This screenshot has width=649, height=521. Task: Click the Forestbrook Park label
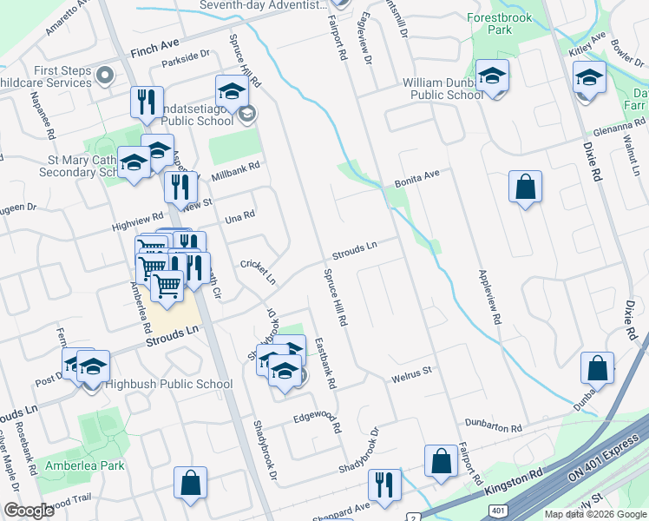pyautogui.click(x=501, y=23)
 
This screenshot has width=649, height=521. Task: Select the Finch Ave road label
pyautogui.click(x=154, y=47)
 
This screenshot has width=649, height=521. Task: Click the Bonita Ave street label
pyautogui.click(x=417, y=181)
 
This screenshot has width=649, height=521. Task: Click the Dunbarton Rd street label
pyautogui.click(x=492, y=428)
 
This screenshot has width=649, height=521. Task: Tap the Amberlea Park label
pyautogui.click(x=86, y=465)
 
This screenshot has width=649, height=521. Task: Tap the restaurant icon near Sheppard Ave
pyautogui.click(x=383, y=485)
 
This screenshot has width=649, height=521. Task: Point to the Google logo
pyautogui.click(x=29, y=511)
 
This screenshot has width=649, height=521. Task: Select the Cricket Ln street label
pyautogui.click(x=258, y=271)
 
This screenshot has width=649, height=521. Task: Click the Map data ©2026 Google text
pyautogui.click(x=594, y=514)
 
